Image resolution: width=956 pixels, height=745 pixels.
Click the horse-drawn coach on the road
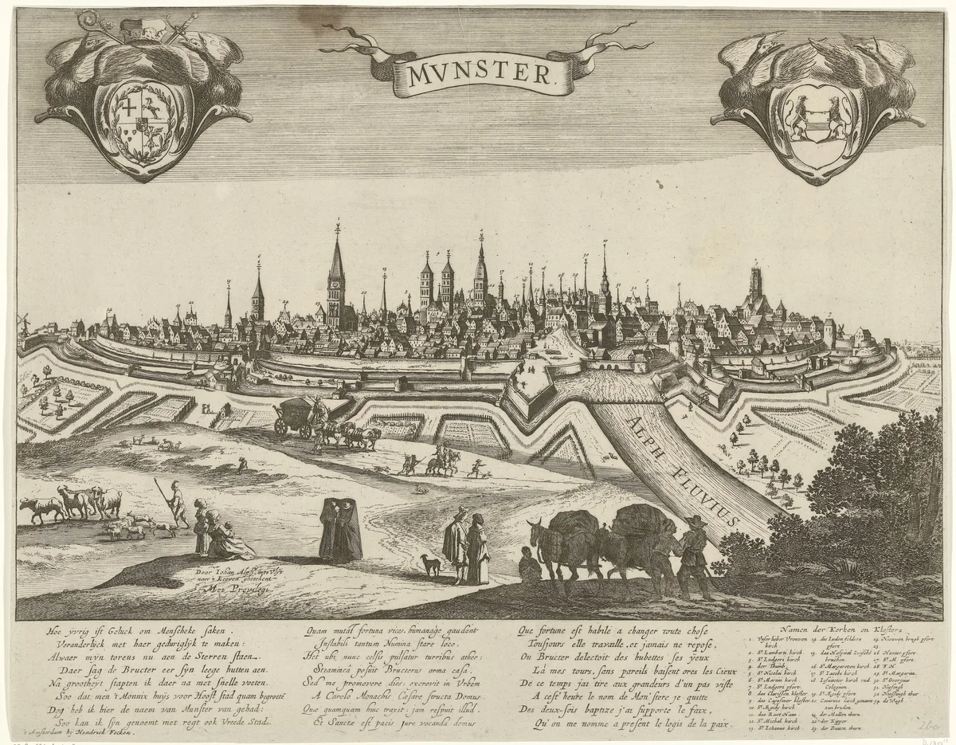(295, 416)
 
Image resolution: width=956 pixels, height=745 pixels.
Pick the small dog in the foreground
(431, 564)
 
